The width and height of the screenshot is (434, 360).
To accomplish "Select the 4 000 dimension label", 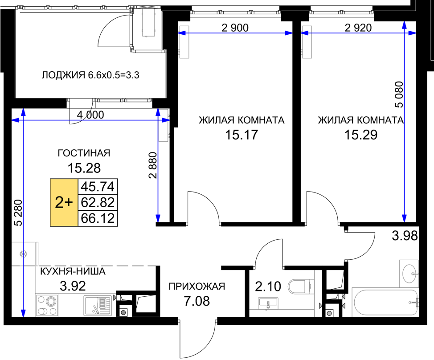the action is tap(90, 115).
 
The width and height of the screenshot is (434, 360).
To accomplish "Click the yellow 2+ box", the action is tap(64, 203).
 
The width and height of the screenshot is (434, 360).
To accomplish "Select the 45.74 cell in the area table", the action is tap(98, 187).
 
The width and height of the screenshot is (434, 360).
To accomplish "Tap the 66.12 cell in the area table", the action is tap(98, 218).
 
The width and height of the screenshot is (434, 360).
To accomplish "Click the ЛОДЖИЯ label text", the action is tap(63, 75).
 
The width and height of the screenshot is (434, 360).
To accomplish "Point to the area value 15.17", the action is tap(242, 135).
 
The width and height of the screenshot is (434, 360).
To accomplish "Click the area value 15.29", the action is tap(360, 135).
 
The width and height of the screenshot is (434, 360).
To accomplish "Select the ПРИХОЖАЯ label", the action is tap(197, 286).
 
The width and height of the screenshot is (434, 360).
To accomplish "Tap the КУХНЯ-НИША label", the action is tap(73, 271).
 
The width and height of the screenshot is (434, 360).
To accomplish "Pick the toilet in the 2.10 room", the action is tap(301, 286).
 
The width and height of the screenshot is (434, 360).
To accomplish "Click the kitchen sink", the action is tap(98, 306).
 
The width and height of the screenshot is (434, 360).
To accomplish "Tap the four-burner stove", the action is tap(47, 306).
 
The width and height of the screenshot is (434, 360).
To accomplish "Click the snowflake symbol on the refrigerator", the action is tap(23, 254).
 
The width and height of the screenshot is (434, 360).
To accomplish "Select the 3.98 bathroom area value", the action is tap(405, 236).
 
